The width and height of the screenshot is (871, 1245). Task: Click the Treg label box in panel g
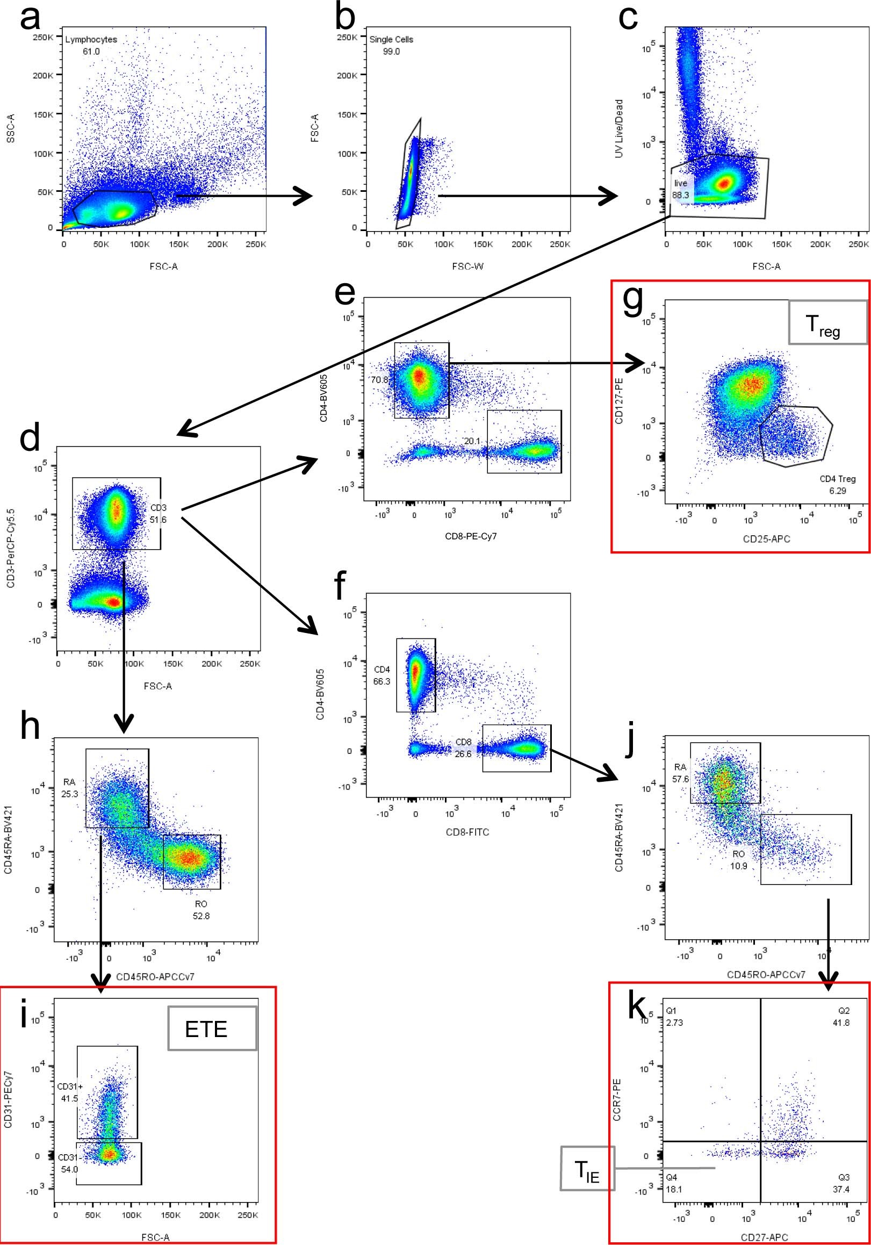click(827, 322)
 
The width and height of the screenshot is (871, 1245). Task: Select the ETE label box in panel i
click(212, 1028)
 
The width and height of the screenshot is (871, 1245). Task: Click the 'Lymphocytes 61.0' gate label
click(91, 45)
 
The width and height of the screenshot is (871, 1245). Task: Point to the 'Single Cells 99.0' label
click(391, 45)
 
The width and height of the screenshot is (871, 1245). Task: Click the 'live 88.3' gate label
click(681, 189)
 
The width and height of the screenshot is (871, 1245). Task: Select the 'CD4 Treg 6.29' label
click(837, 485)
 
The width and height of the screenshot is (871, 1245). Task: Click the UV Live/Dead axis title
click(619, 128)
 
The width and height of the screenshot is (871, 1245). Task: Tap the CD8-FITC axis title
click(467, 832)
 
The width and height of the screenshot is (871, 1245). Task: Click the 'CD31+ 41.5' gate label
click(68, 1092)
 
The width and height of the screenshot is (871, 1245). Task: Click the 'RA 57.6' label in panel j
click(681, 773)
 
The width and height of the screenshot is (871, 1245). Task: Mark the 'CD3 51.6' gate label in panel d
click(159, 514)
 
